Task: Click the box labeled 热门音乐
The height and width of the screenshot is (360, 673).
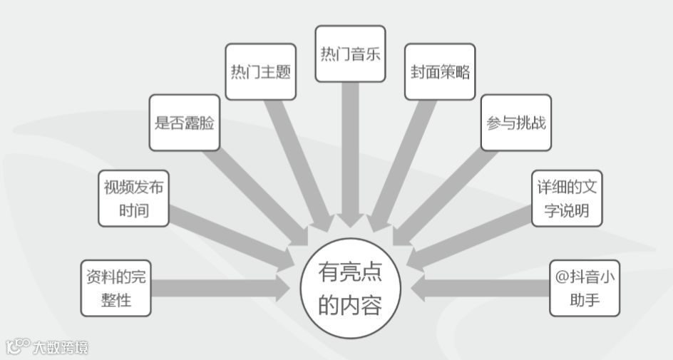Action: point(350,54)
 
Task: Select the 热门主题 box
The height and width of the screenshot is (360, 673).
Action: point(260,72)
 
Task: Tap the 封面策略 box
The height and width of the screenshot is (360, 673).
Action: point(440,72)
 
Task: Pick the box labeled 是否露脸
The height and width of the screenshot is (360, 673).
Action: point(185,123)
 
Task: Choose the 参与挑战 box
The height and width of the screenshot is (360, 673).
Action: point(516,123)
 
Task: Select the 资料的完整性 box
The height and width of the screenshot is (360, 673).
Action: point(116,288)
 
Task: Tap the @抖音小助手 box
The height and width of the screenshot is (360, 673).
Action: point(585,288)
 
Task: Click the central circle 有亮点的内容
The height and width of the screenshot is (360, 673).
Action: point(350,288)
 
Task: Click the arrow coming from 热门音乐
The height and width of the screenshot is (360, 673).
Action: point(350,157)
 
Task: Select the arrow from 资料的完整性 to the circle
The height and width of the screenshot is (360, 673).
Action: point(221,288)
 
